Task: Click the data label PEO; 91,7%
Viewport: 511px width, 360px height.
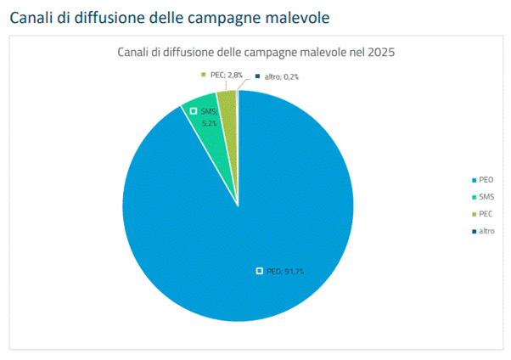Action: (x=285, y=271)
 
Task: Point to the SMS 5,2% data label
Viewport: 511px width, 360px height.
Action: (x=208, y=117)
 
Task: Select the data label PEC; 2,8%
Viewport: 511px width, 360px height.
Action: (x=227, y=76)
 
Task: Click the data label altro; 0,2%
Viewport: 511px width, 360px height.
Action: (x=282, y=76)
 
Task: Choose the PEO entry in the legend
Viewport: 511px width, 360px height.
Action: (x=482, y=179)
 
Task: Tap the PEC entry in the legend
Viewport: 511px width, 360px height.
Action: (x=482, y=213)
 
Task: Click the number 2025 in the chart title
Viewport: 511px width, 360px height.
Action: (x=379, y=52)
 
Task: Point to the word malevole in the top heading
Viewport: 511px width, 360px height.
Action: (x=292, y=16)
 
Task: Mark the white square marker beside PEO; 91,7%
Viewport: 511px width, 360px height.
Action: (x=260, y=271)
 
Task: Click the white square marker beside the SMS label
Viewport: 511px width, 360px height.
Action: (x=194, y=111)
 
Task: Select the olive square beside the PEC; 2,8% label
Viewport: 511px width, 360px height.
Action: (x=204, y=76)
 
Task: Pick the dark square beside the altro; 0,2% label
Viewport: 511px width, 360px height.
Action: (x=258, y=76)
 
